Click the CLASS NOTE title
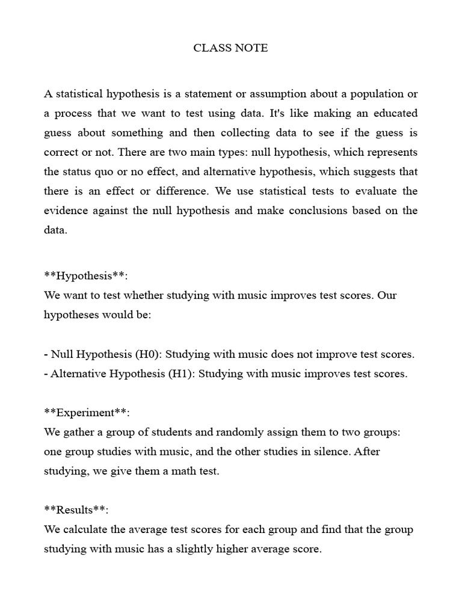coord(230,48)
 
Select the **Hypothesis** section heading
coord(86,276)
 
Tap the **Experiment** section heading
coord(87,413)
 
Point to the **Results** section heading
coord(76,510)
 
